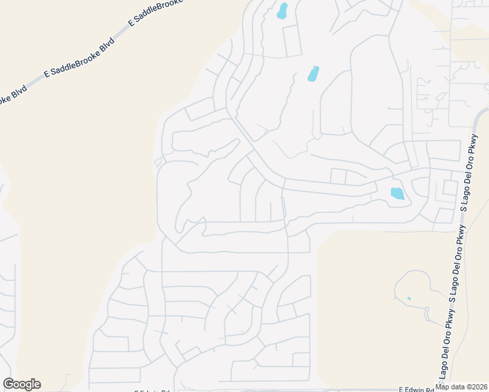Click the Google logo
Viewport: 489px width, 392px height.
22,384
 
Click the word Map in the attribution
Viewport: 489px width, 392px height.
443,387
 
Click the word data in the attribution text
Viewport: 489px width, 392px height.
457,387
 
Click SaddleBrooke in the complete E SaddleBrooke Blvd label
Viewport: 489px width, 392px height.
78,57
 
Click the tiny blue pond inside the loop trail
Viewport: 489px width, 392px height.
409,299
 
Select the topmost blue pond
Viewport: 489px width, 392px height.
282,11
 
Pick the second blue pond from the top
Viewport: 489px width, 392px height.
313,74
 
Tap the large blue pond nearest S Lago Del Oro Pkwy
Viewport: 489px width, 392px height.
397,193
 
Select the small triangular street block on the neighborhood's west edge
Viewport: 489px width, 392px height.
157,161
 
